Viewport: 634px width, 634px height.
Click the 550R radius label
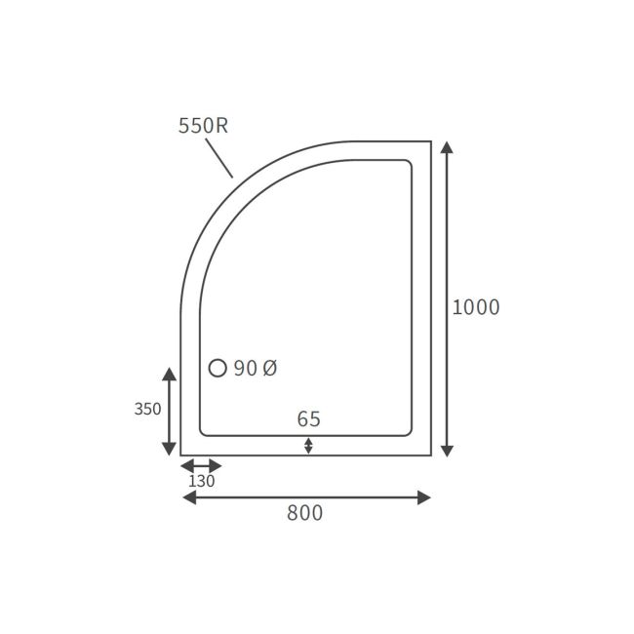pos(203,126)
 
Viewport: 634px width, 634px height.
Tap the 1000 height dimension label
pos(476,307)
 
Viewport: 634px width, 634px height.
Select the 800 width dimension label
pos(304,513)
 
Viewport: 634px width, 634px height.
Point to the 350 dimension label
pos(147,410)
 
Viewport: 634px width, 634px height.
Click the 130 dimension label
pos(201,481)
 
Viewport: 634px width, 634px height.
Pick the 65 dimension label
pos(308,419)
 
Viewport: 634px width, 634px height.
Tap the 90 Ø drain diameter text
pos(256,369)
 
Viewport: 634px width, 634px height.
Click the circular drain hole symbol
pos(218,368)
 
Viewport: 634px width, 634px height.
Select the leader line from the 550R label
pos(219,158)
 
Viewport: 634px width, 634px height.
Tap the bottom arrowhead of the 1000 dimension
pos(447,450)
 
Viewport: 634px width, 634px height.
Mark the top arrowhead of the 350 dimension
pos(170,375)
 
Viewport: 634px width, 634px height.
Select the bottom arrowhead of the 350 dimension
pos(170,449)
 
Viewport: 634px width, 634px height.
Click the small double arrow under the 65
pos(308,446)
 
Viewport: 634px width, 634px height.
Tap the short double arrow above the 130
pos(202,465)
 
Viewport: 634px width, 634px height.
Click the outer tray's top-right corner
pos(430,142)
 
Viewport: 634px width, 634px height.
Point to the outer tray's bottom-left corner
pos(181,455)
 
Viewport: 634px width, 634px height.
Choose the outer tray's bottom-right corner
pos(430,455)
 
